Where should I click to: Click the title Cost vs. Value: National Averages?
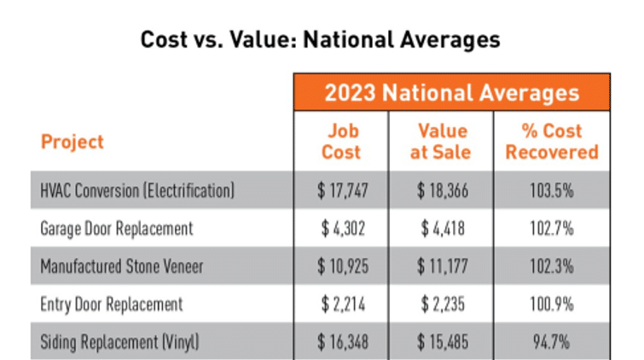pyautogui.click(x=321, y=40)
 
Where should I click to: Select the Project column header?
pyautogui.click(x=73, y=142)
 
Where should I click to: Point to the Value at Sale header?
pyautogui.click(x=442, y=142)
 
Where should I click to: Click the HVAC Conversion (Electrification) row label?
pyautogui.click(x=137, y=189)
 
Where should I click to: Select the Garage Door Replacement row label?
pyautogui.click(x=117, y=228)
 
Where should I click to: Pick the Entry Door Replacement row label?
pyautogui.click(x=112, y=304)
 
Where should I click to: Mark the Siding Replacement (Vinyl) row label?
pyautogui.click(x=120, y=341)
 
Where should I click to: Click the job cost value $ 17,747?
pyautogui.click(x=341, y=189)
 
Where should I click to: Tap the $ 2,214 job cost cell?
pyautogui.click(x=341, y=304)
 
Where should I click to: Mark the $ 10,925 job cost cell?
pyautogui.click(x=341, y=266)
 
